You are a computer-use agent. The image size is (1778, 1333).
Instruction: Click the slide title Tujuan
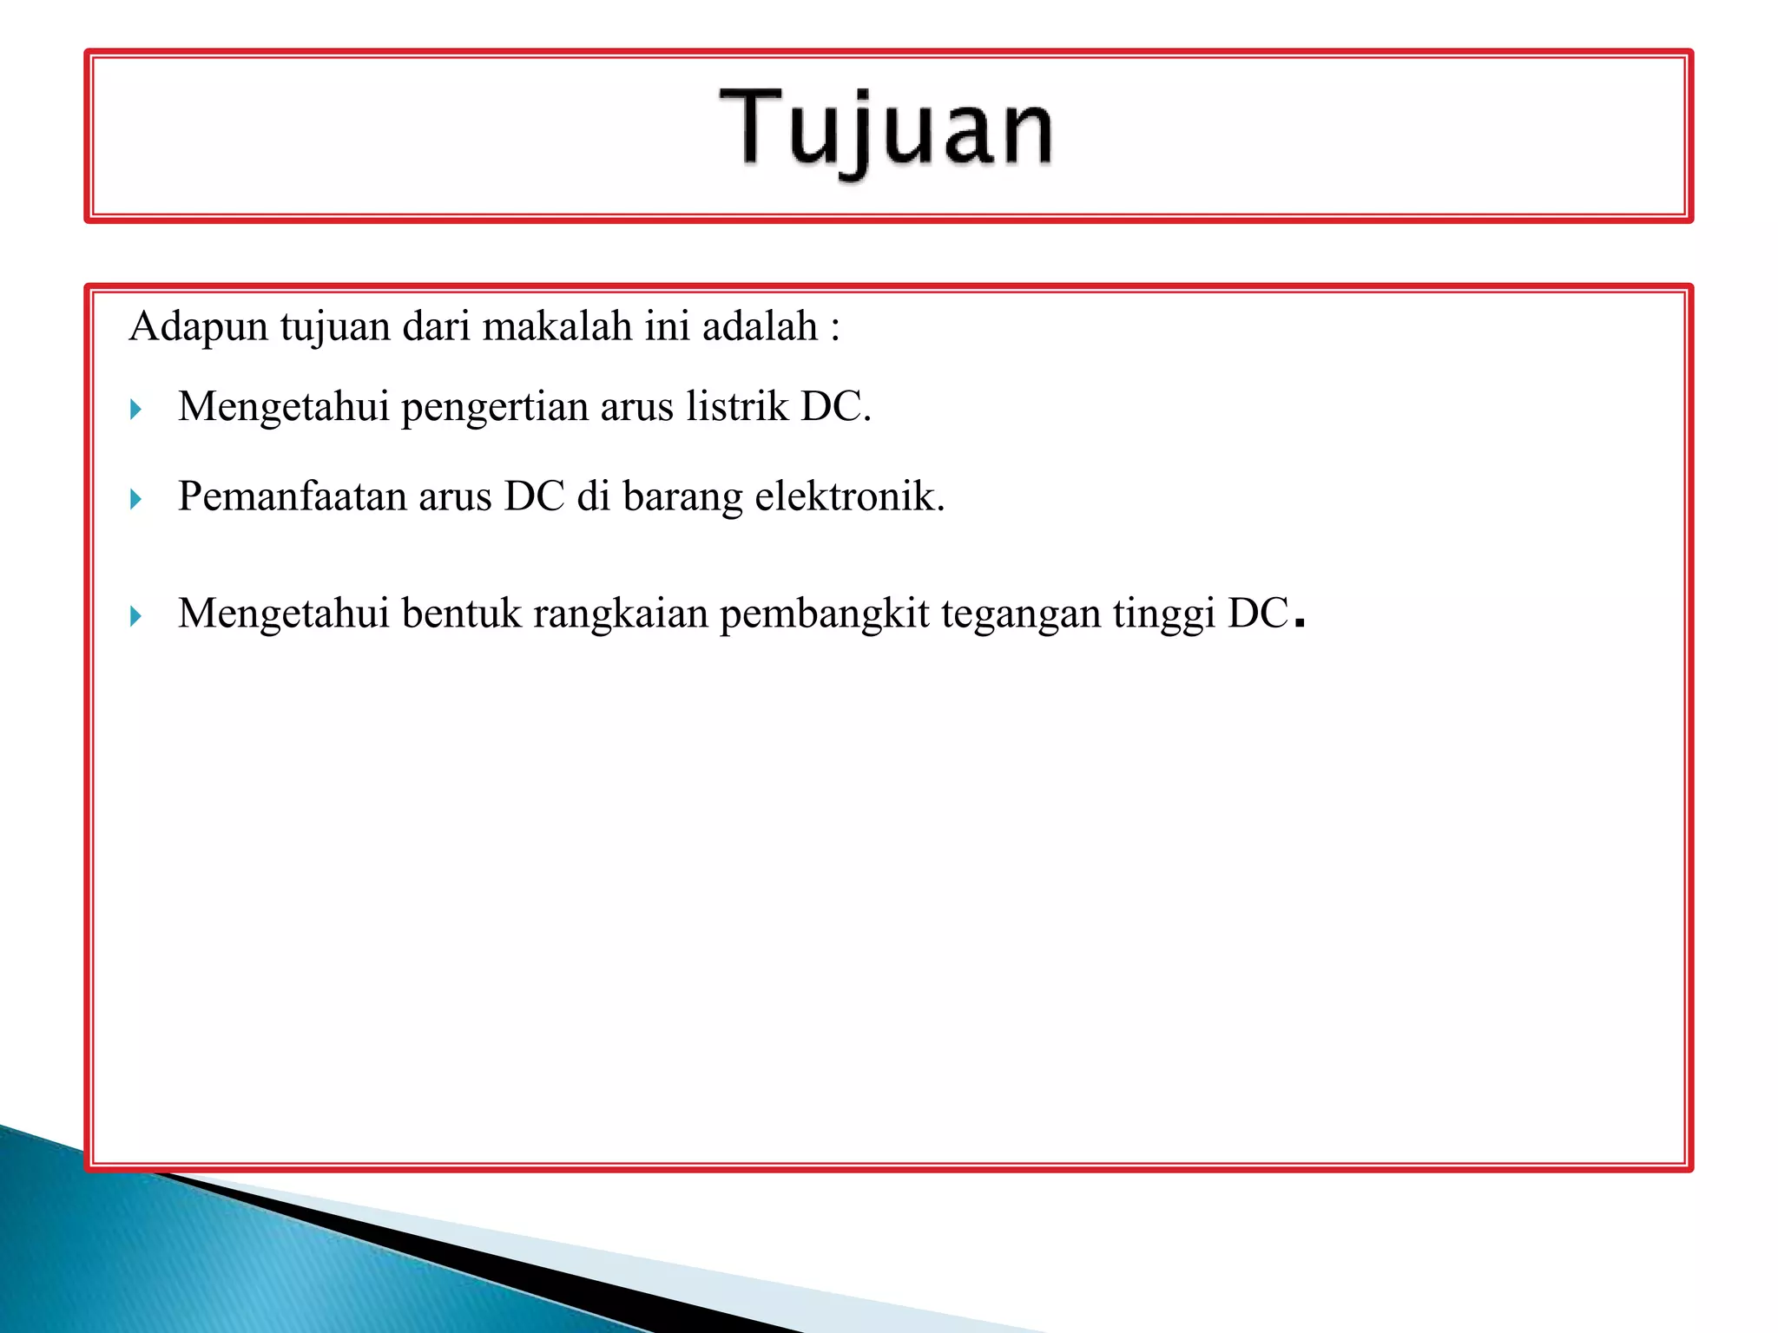tap(886, 130)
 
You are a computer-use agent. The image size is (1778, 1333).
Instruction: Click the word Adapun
tap(199, 328)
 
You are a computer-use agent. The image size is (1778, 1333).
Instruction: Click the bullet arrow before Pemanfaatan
tap(135, 499)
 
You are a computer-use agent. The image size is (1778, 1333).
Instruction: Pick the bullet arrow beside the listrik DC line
tap(135, 409)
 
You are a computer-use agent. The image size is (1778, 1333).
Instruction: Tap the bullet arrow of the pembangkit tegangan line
tap(135, 616)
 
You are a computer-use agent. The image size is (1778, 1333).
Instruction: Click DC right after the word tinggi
tap(1257, 614)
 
